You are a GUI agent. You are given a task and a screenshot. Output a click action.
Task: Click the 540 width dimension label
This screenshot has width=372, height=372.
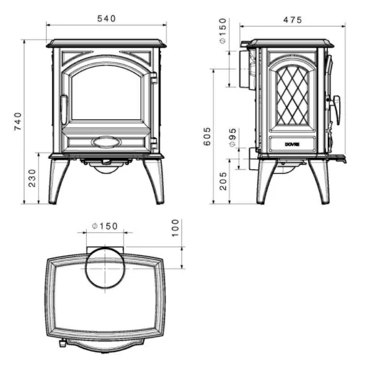[x=107, y=19]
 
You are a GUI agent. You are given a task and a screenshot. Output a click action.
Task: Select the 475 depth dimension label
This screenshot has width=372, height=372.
[x=292, y=20]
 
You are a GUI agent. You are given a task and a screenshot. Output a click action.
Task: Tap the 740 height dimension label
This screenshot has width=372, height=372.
[x=17, y=122]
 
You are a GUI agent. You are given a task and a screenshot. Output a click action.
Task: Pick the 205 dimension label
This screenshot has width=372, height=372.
[x=223, y=180]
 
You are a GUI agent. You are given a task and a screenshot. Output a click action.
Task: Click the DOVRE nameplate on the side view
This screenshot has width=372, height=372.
[x=292, y=144]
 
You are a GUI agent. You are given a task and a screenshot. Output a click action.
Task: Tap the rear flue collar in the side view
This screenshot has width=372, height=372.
[x=241, y=68]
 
